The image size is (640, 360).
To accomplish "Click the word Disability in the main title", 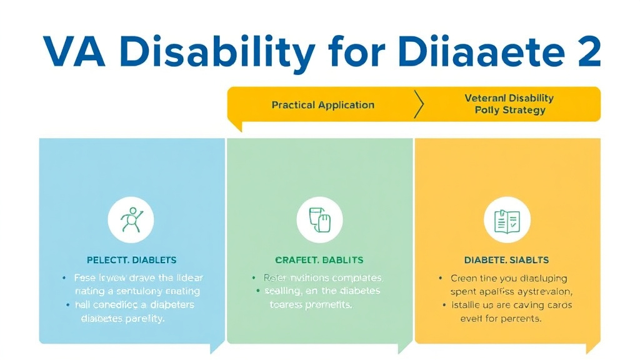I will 216,52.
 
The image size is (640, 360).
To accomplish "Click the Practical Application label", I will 322,105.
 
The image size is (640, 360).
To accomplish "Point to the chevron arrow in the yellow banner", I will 419,104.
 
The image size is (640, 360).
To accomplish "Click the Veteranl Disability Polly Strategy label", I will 509,104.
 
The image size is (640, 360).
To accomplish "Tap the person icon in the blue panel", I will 132,220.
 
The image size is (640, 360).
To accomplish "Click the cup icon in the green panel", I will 319,220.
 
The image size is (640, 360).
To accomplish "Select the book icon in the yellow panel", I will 507,220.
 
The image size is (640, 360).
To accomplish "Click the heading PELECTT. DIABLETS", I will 131,259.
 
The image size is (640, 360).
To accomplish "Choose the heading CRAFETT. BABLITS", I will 319,259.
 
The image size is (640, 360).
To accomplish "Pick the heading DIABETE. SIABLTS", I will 507,259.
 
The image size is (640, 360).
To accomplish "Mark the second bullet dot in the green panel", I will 257,291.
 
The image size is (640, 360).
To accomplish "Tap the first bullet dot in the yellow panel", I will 441,277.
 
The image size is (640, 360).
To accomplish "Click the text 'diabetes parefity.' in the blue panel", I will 122,318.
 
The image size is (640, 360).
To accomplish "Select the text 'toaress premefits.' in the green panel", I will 311,305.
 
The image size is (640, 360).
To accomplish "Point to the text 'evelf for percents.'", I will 501,318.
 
